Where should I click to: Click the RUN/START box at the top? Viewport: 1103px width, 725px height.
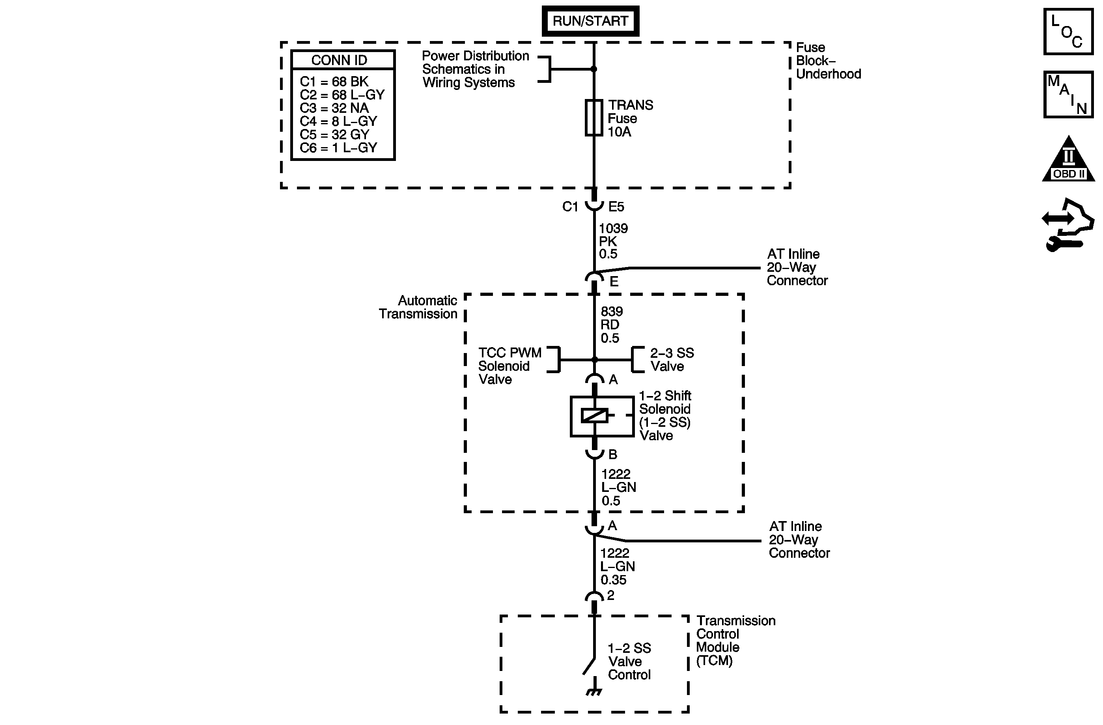pos(590,21)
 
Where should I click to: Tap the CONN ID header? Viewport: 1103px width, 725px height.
pos(339,60)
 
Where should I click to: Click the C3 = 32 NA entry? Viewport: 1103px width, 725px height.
pos(334,108)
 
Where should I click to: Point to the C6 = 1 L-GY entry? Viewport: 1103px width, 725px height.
pos(338,148)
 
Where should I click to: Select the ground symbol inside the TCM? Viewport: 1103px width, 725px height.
pos(593,693)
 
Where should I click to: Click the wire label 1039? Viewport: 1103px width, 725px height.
pos(613,228)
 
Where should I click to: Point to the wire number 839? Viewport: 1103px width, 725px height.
pos(612,311)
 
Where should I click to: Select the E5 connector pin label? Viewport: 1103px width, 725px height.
pos(616,207)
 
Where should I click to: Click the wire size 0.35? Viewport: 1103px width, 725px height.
pos(613,580)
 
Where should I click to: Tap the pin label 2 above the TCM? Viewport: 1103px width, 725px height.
pos(611,595)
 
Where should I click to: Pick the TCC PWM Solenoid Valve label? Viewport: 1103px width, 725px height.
pos(510,366)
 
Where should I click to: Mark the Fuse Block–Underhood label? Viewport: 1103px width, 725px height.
pos(828,61)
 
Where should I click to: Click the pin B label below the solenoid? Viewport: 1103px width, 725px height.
pos(613,455)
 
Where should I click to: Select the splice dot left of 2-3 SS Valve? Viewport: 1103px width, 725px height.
pos(595,360)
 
